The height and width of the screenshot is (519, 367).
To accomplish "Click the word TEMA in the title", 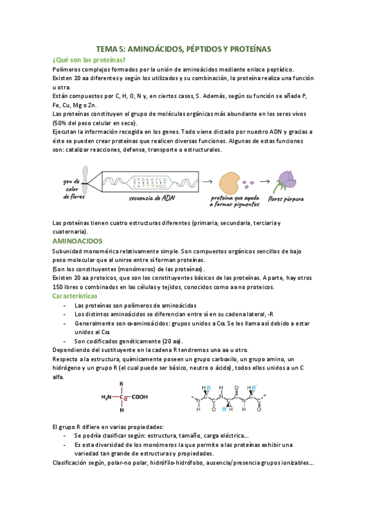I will point(108,48).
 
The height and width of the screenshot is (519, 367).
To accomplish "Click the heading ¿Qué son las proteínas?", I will point(89,60).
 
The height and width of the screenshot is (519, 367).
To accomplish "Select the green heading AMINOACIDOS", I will point(77,242).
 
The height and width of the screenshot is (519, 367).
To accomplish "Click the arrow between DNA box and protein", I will point(208,181).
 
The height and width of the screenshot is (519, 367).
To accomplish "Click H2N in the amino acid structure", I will point(107,397).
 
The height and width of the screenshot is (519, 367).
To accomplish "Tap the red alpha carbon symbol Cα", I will point(122,397).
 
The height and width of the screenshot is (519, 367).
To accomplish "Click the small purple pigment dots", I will point(248,182).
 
